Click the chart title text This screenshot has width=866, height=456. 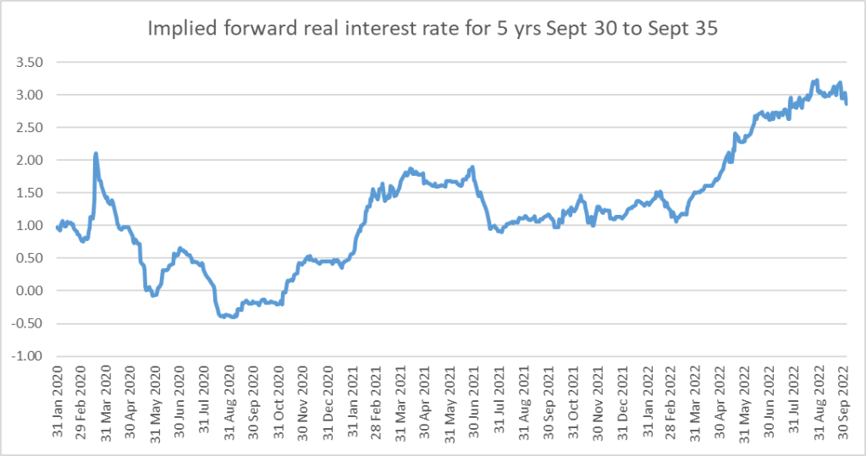click(x=433, y=28)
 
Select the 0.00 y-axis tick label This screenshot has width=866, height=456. click(x=30, y=291)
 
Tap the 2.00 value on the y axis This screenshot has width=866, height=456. click(x=30, y=160)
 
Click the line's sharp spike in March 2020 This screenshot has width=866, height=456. click(x=96, y=153)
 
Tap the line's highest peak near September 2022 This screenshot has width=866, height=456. click(x=816, y=80)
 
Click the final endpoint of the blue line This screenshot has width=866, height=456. click(x=846, y=103)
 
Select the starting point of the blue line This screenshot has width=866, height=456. click(x=57, y=226)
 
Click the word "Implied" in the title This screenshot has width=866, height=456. click(x=179, y=28)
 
